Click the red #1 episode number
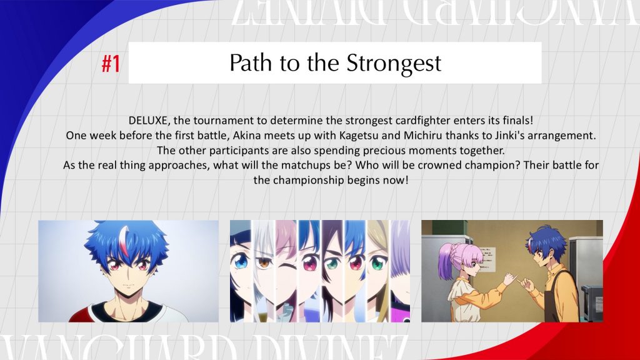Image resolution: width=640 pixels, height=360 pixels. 111,64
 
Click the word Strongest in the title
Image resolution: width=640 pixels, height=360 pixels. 394,64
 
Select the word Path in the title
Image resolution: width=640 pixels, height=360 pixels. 250,63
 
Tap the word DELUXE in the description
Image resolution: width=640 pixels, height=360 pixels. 148,121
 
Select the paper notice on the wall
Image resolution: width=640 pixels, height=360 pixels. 486,259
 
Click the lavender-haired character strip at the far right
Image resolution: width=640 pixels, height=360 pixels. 401,271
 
